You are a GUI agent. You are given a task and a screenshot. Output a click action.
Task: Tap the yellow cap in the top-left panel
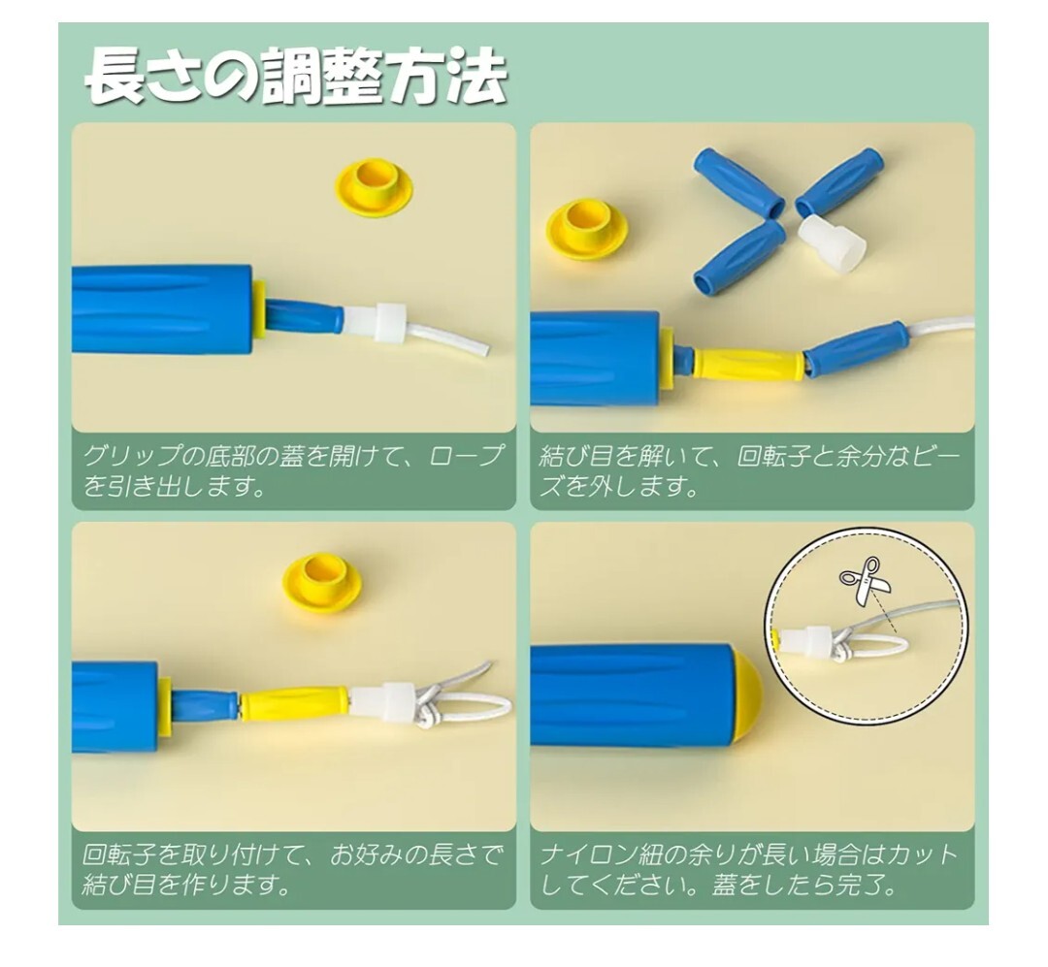pyautogui.click(x=374, y=186)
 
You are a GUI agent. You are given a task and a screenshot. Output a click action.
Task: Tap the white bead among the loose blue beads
pyautogui.click(x=833, y=243)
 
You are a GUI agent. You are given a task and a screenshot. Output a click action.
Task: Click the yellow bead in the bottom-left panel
pyautogui.click(x=295, y=704)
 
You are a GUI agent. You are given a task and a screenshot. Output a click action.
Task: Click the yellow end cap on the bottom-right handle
pyautogui.click(x=746, y=695)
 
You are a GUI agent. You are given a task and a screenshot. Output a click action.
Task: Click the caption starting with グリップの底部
pyautogui.click(x=292, y=469)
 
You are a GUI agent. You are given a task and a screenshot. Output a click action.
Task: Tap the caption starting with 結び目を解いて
pyautogui.click(x=749, y=469)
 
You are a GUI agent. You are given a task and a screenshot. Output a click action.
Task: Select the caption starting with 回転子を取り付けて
pyautogui.click(x=292, y=869)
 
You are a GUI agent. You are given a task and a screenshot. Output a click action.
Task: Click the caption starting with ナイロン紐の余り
pyautogui.click(x=749, y=869)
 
